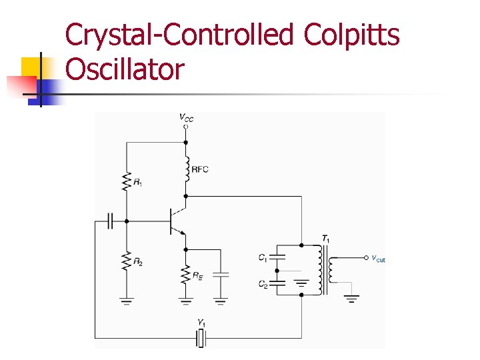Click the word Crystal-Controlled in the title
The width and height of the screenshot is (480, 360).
[179, 35]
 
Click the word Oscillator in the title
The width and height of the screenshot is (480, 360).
[125, 69]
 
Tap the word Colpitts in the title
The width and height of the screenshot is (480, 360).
[352, 35]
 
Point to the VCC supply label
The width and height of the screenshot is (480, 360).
[186, 117]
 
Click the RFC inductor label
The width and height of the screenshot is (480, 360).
[200, 169]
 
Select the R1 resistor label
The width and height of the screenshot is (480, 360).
[137, 181]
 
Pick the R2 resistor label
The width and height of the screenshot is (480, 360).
[137, 262]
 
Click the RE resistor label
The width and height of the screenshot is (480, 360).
[197, 276]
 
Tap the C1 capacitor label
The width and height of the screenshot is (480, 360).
[263, 257]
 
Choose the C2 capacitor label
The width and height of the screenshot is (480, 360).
[263, 284]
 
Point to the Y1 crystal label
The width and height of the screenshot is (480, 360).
[201, 323]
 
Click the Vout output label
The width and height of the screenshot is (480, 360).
[378, 258]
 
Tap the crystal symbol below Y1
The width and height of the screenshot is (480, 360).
[201, 339]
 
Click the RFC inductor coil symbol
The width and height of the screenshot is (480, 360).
[186, 168]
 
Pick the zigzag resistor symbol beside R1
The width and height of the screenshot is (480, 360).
[125, 181]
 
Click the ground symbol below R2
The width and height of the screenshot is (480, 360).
[125, 301]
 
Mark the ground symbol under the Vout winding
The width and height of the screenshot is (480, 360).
[352, 298]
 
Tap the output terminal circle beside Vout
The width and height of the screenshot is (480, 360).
[365, 257]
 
